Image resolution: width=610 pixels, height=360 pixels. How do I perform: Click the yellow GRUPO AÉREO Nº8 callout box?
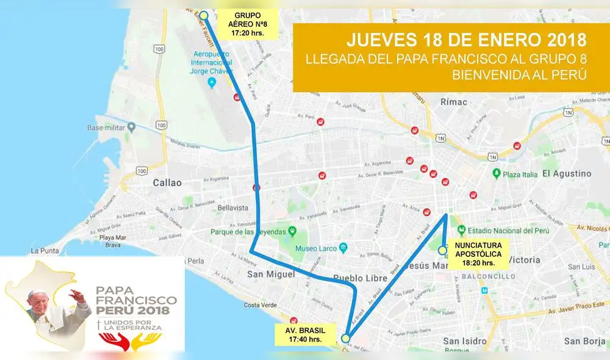250,24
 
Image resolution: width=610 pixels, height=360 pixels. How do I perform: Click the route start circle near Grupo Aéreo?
204,15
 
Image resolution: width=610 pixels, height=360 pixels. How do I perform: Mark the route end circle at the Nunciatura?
442,250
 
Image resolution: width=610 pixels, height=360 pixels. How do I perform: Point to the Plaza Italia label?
520,174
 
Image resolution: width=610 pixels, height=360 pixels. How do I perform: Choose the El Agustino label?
567,173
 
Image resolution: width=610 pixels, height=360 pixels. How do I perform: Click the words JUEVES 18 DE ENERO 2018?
467,40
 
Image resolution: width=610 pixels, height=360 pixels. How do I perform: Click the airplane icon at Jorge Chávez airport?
212,82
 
